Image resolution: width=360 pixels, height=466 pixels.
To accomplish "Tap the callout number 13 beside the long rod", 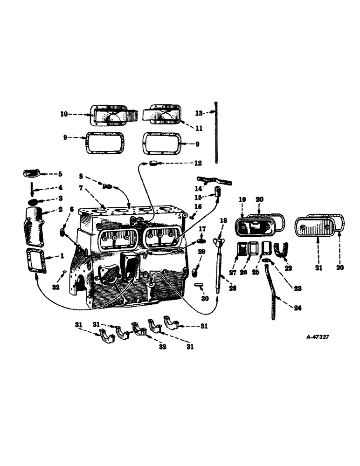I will click(x=198, y=113).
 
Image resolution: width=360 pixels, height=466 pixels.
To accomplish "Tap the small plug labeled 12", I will click(x=153, y=164).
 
